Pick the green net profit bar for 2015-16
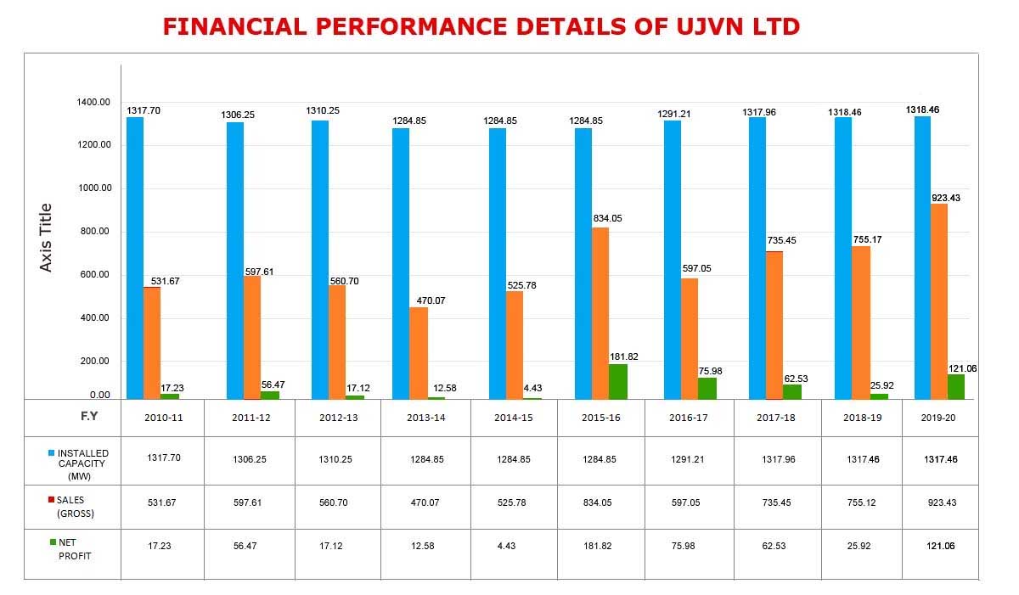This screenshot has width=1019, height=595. (617, 381)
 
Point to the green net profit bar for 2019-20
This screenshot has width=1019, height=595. (956, 386)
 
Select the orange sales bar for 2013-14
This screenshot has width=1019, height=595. (419, 352)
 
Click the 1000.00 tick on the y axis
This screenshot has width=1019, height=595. (94, 188)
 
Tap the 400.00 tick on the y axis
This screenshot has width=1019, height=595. (94, 318)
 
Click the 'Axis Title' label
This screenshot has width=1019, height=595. (47, 238)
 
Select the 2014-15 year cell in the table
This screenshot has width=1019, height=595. (512, 418)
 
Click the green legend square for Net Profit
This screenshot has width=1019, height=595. (52, 542)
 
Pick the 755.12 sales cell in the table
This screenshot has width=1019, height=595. (860, 502)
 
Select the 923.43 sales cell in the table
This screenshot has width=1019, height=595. (939, 502)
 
